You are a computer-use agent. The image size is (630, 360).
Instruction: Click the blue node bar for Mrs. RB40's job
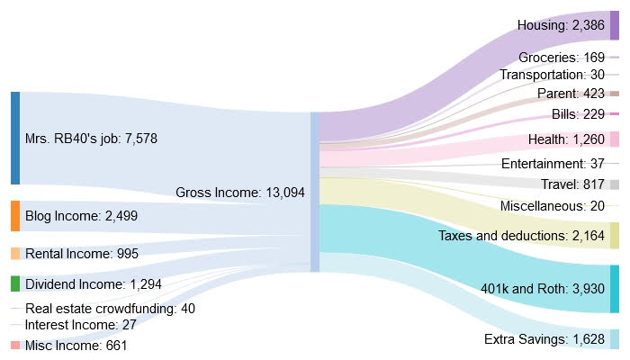[x=15, y=138]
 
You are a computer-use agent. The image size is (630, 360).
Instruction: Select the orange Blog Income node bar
[x=15, y=216]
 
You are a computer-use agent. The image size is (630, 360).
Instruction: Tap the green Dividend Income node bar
[x=15, y=283]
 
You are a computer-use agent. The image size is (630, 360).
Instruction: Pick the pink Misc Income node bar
[x=15, y=346]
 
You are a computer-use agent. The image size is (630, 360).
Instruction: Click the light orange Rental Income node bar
[x=15, y=254]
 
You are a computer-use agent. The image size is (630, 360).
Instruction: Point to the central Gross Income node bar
[x=314, y=192]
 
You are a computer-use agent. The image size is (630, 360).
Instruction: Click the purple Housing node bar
[x=615, y=25]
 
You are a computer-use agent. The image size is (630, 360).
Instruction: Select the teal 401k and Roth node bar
[x=615, y=288]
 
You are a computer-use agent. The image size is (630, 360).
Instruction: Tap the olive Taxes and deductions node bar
[x=615, y=235]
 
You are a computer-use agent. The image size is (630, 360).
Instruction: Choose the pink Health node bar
[x=615, y=139]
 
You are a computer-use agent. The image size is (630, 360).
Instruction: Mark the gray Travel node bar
[x=615, y=184]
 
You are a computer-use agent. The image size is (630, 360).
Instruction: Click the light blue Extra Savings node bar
[x=615, y=339]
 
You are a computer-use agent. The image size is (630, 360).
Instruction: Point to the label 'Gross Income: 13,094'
[x=241, y=193]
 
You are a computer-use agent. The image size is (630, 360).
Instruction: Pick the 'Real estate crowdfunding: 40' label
[x=110, y=309]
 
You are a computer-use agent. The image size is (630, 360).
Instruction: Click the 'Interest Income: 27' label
[x=80, y=324]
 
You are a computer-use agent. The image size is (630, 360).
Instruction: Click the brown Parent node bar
[x=615, y=94]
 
